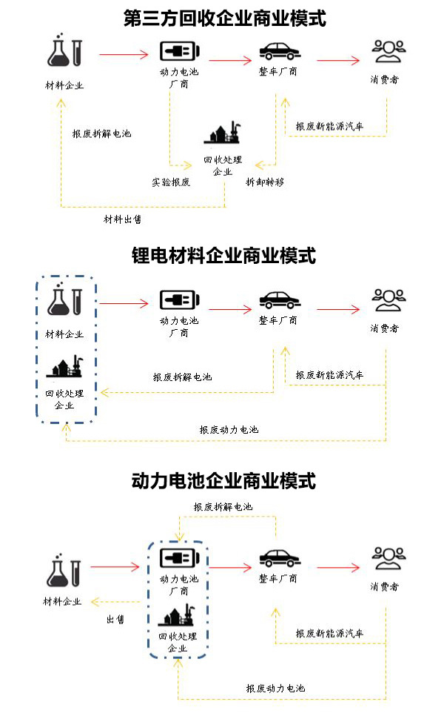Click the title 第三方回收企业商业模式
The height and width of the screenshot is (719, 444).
point(224,17)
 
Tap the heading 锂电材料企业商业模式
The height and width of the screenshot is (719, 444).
point(223,256)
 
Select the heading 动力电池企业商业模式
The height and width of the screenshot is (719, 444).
point(223,481)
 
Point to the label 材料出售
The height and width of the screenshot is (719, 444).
point(122,219)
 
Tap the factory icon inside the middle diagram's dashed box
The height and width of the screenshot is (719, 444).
point(64,367)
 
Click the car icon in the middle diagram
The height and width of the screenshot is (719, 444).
point(278,300)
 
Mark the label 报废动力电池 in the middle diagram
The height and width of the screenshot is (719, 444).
point(229,429)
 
